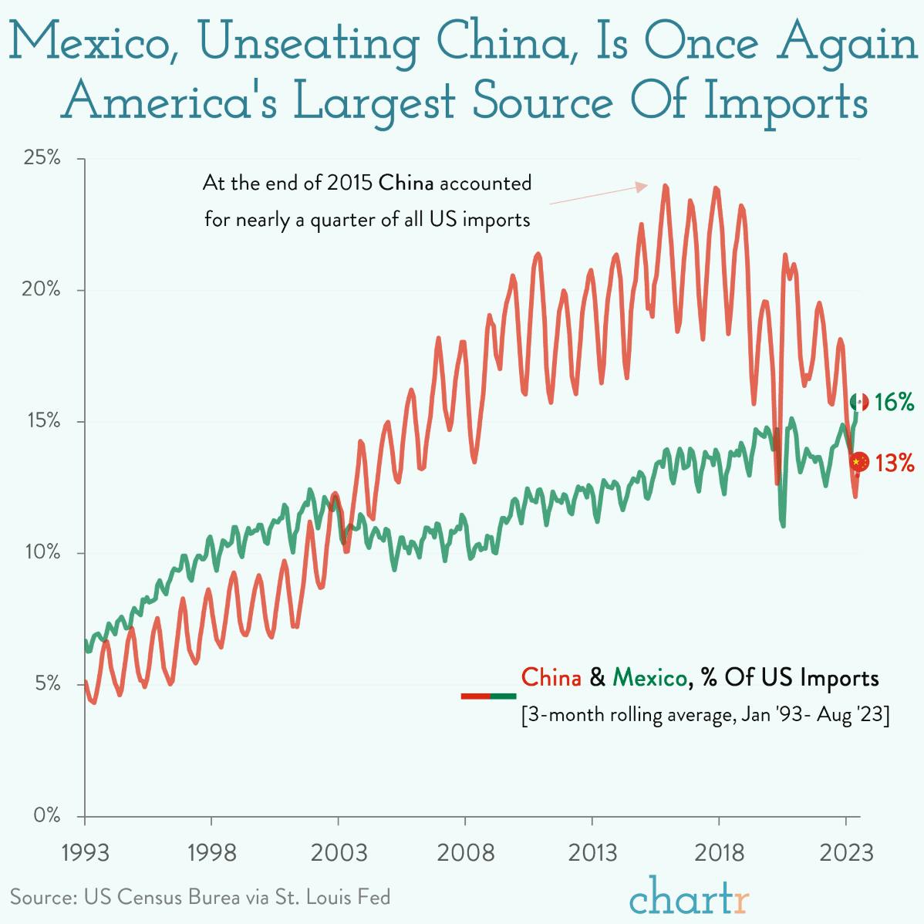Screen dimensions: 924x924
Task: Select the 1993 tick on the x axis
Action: [x=85, y=853]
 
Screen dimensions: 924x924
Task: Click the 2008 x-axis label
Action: [x=465, y=853]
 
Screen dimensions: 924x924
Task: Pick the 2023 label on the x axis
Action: [x=846, y=853]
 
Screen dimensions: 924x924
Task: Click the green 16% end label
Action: [x=894, y=402]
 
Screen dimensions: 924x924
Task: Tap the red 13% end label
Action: [x=895, y=463]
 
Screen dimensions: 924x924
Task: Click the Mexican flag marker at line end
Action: [x=859, y=402]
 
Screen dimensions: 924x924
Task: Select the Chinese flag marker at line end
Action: [x=859, y=461]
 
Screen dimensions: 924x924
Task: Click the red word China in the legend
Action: [x=551, y=678]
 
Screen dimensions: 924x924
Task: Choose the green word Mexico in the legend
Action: [x=649, y=678]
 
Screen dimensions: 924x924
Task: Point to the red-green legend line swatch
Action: [x=488, y=696]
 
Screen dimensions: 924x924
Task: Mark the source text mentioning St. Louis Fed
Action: [x=200, y=897]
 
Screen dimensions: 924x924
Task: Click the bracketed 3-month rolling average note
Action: [x=706, y=714]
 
